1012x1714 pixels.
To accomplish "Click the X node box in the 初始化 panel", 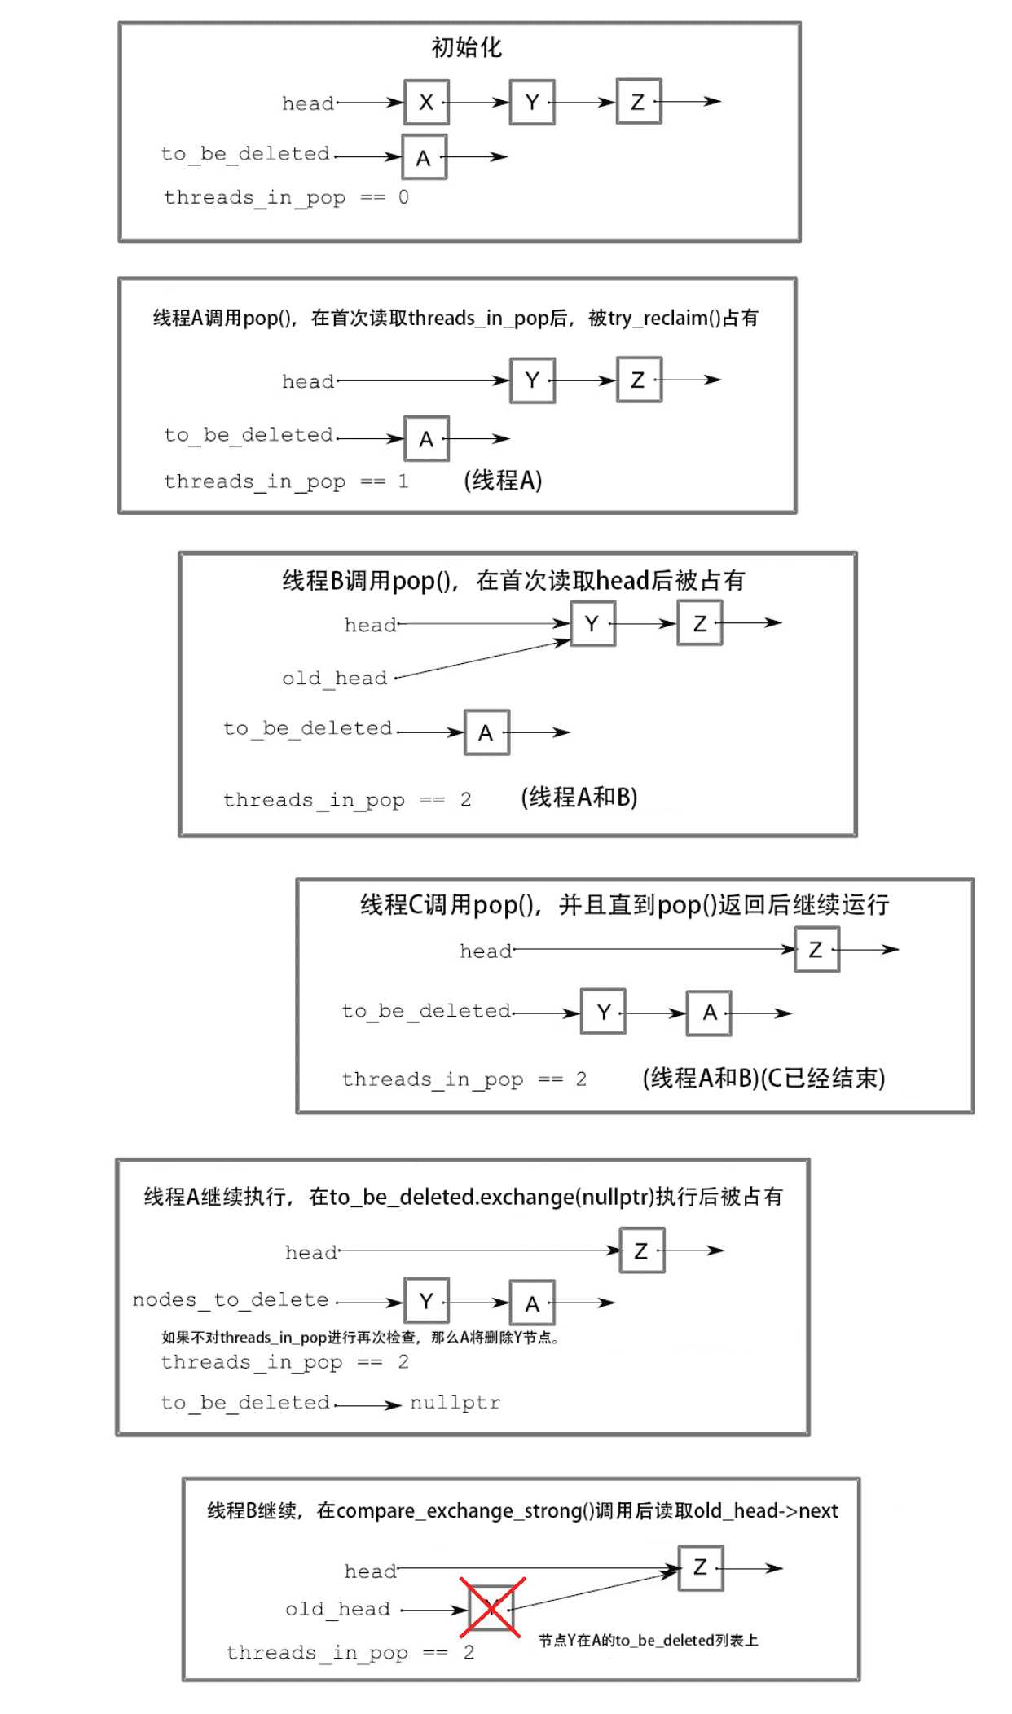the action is (426, 102).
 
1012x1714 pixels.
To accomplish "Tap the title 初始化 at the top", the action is (467, 47).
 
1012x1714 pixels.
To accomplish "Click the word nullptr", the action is (455, 1403).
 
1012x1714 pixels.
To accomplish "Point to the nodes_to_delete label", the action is (231, 1300).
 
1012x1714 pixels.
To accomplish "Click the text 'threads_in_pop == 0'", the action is (287, 198).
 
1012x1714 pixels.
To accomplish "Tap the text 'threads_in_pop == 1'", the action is (287, 481).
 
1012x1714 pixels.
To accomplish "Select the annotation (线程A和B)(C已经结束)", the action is (763, 1078).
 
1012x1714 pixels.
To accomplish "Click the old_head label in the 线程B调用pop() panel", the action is (335, 678).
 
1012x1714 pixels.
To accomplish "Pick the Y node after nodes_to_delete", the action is (426, 1300).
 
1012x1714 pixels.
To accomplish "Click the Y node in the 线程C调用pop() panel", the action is (603, 1012).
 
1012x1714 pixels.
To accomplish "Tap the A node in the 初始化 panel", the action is (424, 157).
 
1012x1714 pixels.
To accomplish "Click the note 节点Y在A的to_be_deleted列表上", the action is (649, 1640).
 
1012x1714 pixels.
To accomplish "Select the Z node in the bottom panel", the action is (700, 1567).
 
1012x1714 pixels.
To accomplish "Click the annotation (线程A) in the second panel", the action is (503, 480).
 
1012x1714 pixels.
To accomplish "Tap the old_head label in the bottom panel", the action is (338, 1609).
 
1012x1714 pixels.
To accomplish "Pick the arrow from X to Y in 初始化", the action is (479, 102).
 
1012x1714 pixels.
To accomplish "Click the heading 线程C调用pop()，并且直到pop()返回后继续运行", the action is (625, 904).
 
